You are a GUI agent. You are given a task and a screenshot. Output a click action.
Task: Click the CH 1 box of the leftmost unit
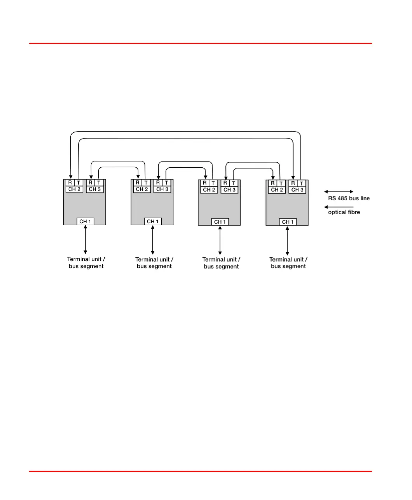pyautogui.click(x=85, y=222)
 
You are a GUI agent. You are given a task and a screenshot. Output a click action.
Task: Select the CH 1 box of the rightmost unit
pyautogui.click(x=288, y=222)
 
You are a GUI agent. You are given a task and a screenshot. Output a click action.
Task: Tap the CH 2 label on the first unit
pyautogui.click(x=74, y=189)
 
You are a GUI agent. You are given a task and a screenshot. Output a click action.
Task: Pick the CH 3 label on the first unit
pyautogui.click(x=95, y=189)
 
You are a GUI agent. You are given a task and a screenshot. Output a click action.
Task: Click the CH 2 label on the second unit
pyautogui.click(x=142, y=189)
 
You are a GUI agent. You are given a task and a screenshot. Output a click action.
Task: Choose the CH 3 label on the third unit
pyautogui.click(x=230, y=190)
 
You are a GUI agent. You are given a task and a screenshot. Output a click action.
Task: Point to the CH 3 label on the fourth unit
pyautogui.click(x=297, y=190)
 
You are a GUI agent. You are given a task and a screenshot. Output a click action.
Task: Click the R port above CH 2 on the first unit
pyautogui.click(x=70, y=183)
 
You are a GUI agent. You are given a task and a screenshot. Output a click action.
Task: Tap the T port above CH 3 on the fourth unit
pyautogui.click(x=302, y=183)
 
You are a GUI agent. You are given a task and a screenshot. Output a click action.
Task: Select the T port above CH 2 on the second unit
pyautogui.click(x=146, y=183)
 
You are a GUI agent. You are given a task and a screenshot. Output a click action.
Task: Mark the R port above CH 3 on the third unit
pyautogui.click(x=225, y=183)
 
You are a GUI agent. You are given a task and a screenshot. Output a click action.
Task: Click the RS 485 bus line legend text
pyautogui.click(x=349, y=198)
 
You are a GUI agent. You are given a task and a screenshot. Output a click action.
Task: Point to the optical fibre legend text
pyautogui.click(x=344, y=212)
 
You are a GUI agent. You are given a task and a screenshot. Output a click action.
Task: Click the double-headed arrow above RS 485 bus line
pyautogui.click(x=339, y=192)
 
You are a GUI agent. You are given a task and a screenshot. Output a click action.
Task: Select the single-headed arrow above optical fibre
pyautogui.click(x=339, y=207)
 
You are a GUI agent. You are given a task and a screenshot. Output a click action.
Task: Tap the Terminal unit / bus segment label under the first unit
pyautogui.click(x=86, y=263)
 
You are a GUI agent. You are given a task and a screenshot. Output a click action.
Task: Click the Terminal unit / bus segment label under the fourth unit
pyautogui.click(x=288, y=263)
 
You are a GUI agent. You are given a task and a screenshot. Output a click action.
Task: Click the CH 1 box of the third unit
pyautogui.click(x=220, y=222)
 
